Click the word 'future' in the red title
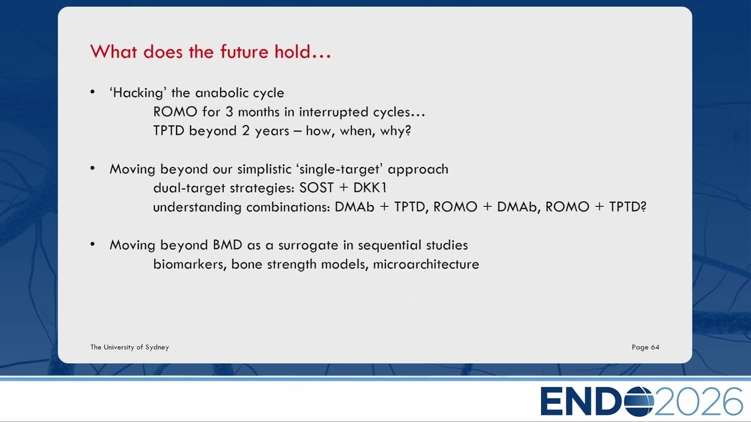244,52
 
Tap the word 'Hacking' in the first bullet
138,93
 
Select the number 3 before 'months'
229,111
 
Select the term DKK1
370,188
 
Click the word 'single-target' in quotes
340,169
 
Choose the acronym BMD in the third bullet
227,245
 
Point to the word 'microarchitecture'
426,264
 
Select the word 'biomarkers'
188,264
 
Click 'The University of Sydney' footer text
130,348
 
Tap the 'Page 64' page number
645,348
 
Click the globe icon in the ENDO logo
639,401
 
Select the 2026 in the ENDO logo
698,401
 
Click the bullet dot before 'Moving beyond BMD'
93,244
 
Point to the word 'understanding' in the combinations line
197,207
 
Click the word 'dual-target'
189,188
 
